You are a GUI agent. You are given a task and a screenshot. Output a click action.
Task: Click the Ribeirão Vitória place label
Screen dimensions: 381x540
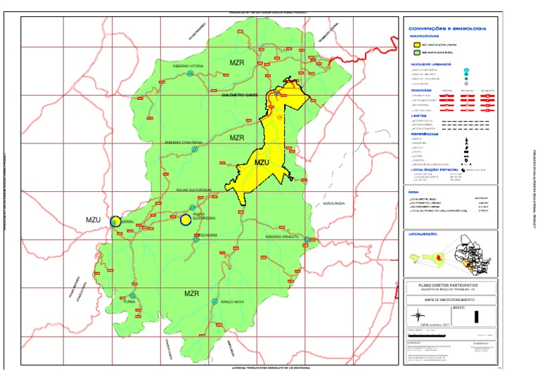(188, 65)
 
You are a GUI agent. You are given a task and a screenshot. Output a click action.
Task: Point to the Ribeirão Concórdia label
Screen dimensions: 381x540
(184, 142)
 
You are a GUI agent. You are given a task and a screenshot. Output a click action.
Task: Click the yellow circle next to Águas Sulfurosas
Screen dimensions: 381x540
(186, 220)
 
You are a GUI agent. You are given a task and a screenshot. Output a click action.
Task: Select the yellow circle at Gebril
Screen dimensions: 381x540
(115, 221)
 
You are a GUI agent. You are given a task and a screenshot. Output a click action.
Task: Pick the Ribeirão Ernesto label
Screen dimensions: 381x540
(282, 237)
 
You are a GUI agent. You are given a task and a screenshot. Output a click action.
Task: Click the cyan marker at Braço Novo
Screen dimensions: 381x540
(214, 301)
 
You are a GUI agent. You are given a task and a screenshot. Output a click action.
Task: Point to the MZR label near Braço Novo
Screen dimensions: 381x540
(193, 292)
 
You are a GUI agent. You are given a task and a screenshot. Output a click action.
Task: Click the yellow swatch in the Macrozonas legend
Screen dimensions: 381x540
(416, 44)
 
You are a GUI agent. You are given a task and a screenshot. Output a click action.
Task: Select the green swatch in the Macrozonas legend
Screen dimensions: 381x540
(416, 52)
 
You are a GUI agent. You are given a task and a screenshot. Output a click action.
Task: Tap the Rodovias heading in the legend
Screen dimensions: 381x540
(420, 90)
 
